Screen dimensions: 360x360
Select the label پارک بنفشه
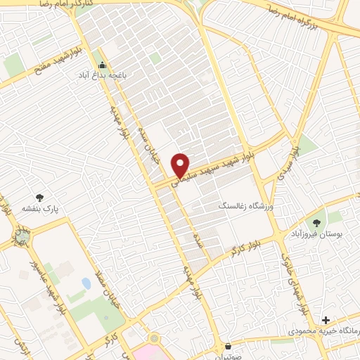coord(38,209)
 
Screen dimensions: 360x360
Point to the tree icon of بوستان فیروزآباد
coord(316,223)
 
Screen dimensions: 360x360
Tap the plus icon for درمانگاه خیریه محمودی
coord(326,320)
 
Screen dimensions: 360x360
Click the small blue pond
coord(86,283)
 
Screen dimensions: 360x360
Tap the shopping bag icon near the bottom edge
coord(229,346)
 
